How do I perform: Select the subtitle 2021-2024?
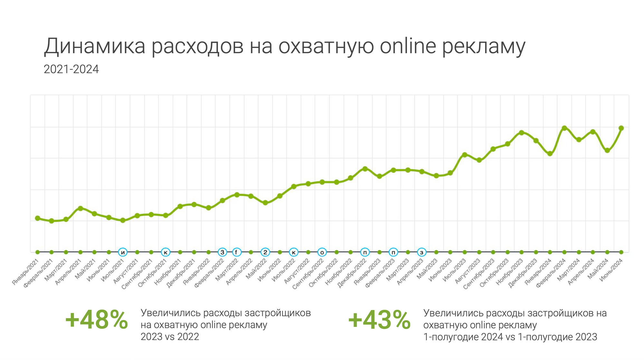[x=71, y=69]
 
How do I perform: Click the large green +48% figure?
[x=96, y=320]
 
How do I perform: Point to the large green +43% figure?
[x=379, y=320]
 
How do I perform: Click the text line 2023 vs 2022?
[x=170, y=337]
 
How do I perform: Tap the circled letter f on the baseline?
[x=236, y=252]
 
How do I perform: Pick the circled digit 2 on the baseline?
[x=265, y=252]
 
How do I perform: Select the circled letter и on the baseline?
[x=123, y=252]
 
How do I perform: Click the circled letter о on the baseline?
[x=322, y=252]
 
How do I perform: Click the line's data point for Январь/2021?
[x=37, y=218]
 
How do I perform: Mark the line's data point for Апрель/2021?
[x=80, y=208]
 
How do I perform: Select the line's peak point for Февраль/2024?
[x=564, y=128]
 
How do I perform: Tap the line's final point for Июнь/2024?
[x=621, y=128]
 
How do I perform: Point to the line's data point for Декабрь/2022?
[x=365, y=168]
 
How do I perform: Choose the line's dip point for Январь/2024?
[x=550, y=154]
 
